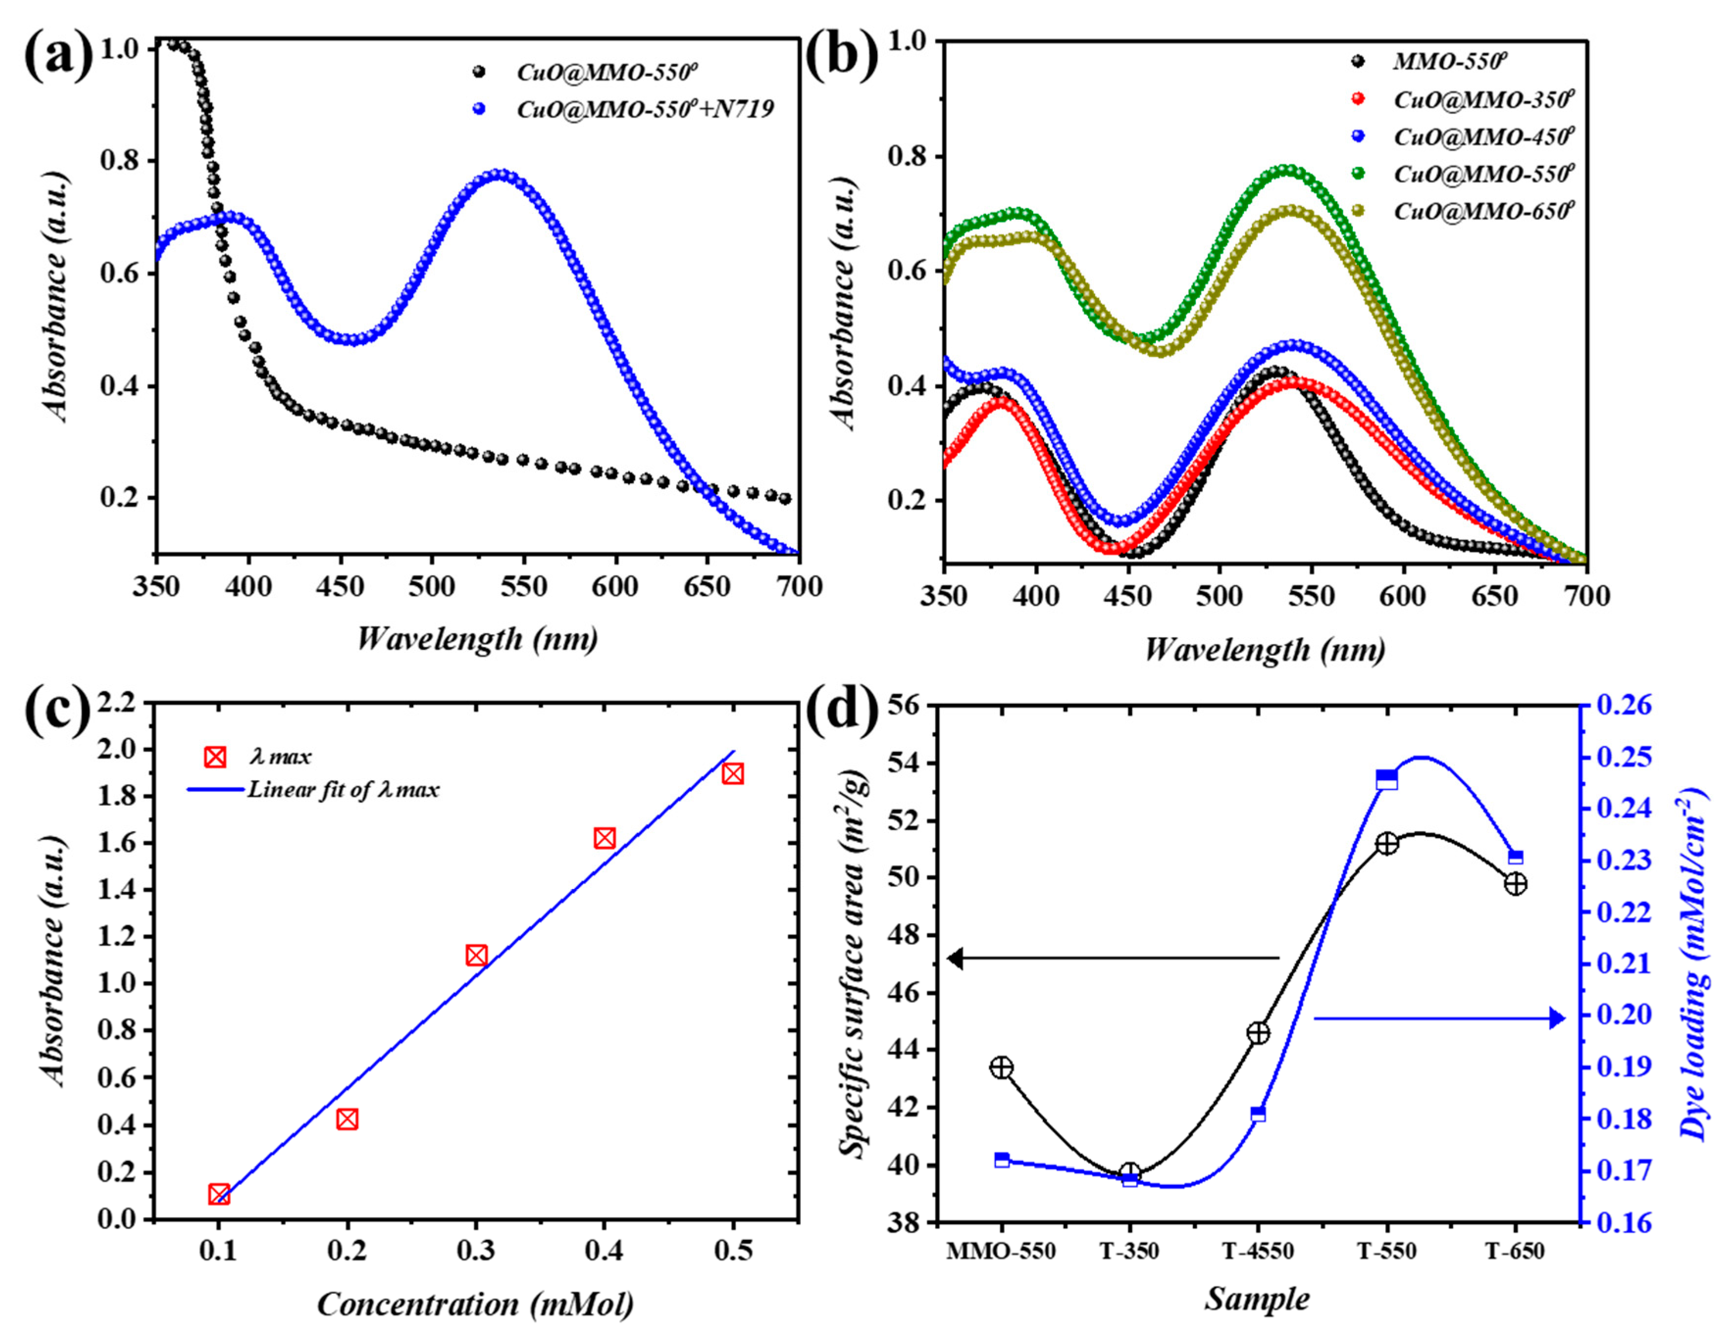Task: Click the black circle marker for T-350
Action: coord(1130,1173)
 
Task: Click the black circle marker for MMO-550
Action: coord(1001,1068)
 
